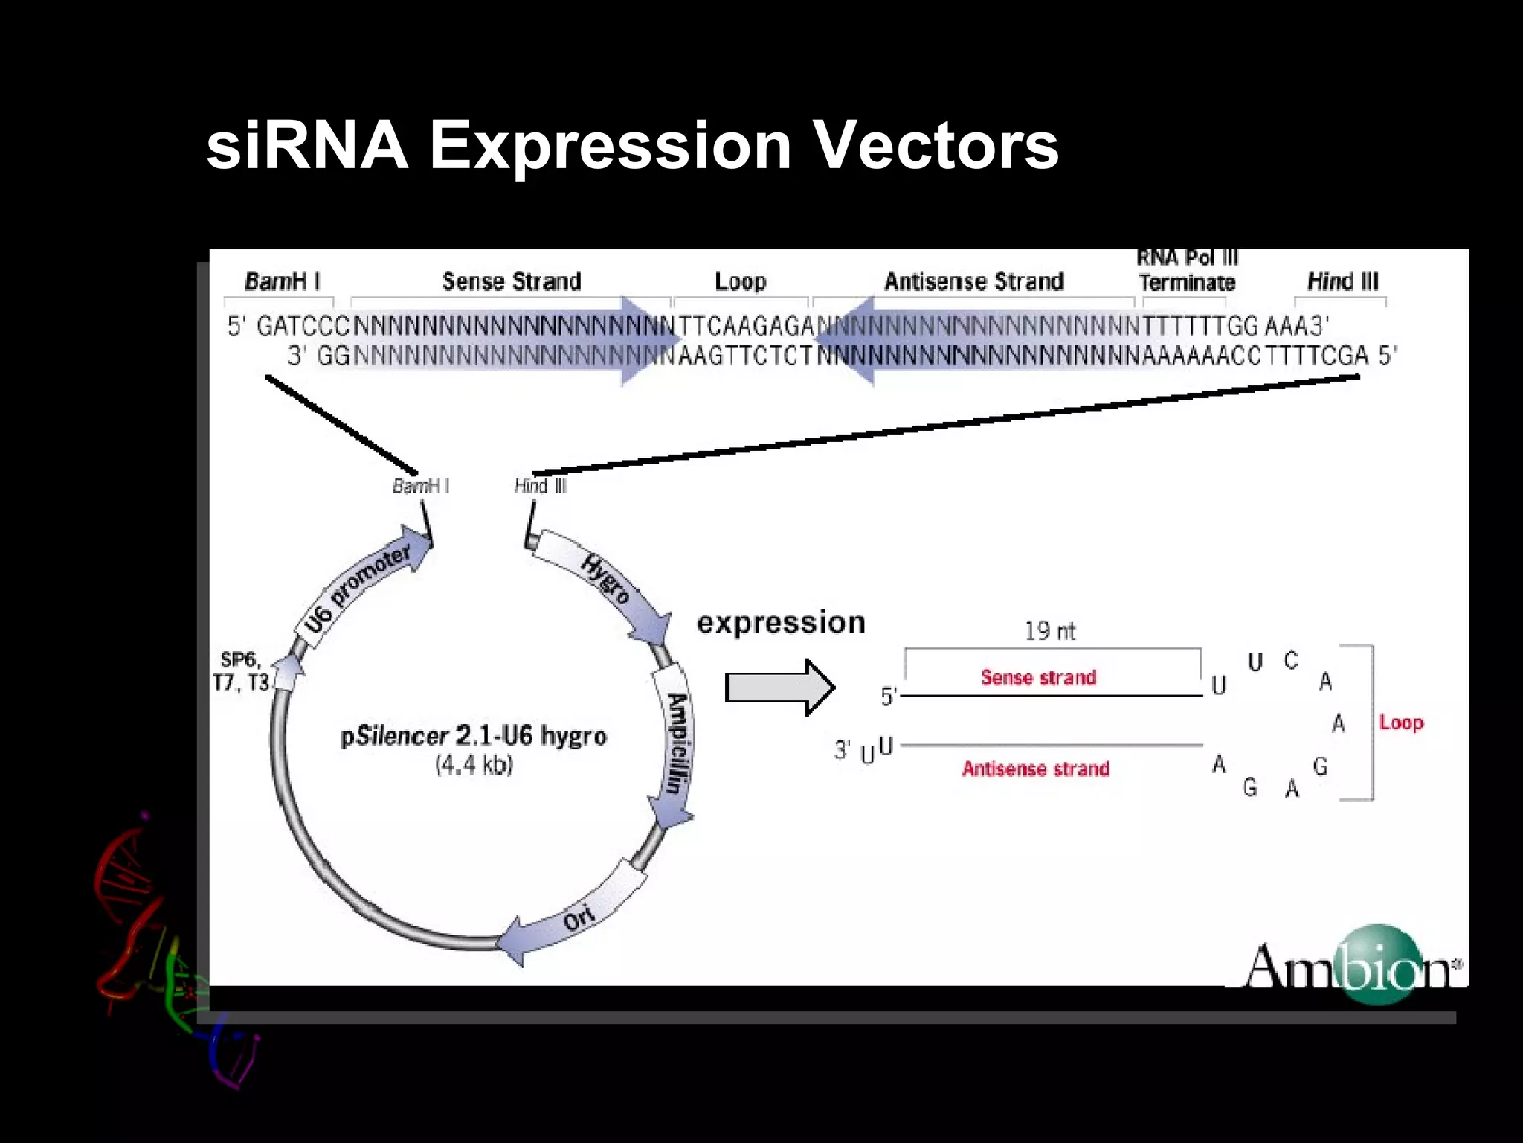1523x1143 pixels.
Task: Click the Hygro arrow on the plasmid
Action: click(606, 580)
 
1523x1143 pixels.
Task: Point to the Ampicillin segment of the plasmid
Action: click(675, 744)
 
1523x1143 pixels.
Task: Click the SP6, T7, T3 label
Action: click(240, 671)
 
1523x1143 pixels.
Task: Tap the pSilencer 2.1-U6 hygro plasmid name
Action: click(474, 736)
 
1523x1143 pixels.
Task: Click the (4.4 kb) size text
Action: click(474, 765)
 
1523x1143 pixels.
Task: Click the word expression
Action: click(781, 622)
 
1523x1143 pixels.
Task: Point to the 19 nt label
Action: click(1049, 631)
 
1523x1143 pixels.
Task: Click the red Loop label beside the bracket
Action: click(1401, 723)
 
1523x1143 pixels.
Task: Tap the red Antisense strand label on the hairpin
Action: click(1035, 769)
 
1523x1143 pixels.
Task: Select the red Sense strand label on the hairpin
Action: click(1038, 677)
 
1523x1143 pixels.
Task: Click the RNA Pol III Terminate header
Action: click(1187, 271)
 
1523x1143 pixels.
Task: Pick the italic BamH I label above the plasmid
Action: click(420, 486)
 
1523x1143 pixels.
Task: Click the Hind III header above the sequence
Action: click(1342, 281)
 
